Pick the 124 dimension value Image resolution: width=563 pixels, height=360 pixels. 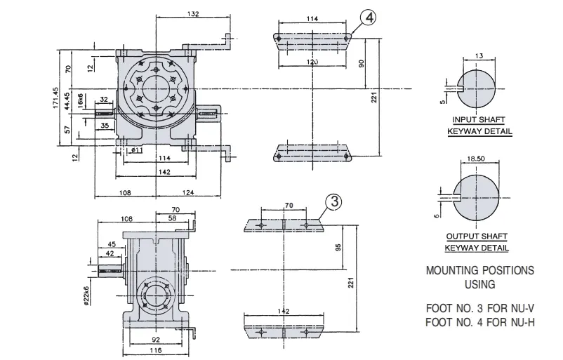pyautogui.click(x=189, y=192)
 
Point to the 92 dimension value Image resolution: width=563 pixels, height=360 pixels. pyautogui.click(x=155, y=339)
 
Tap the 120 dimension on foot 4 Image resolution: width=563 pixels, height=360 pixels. pyautogui.click(x=312, y=62)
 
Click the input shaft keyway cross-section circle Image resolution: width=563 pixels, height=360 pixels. pyautogui.click(x=478, y=88)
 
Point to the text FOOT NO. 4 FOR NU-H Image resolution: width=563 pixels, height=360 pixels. pyautogui.click(x=479, y=321)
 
